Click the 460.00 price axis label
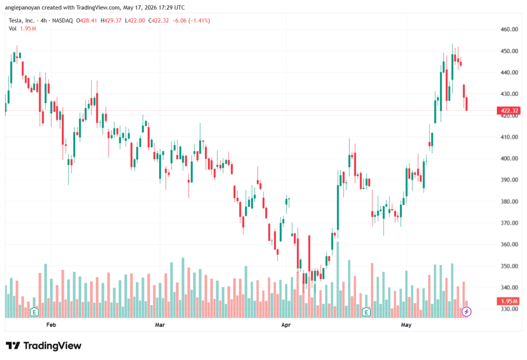coord(509,29)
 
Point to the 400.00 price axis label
coord(509,159)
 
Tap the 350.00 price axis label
coord(509,266)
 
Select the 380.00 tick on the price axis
coord(509,201)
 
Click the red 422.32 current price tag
coord(508,111)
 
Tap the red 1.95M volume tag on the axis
coord(508,301)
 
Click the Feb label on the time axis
coord(51,325)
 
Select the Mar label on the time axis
coord(160,325)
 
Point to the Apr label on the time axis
coord(286,325)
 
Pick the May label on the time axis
coord(406,325)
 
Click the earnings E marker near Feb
coord(34,312)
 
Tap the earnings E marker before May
coord(366,312)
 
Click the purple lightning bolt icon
coord(466,312)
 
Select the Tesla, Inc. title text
coord(22,21)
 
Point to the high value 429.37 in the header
coord(113,21)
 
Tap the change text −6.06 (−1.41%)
coord(191,21)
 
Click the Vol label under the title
coord(12,29)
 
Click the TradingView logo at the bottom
coord(44,346)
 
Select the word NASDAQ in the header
coord(62,21)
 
